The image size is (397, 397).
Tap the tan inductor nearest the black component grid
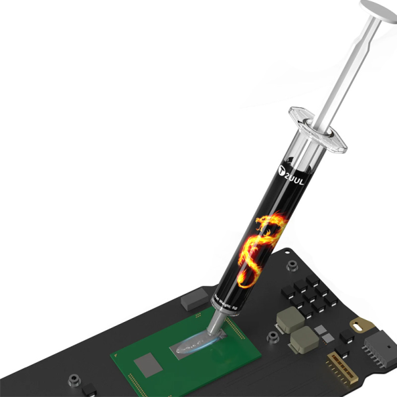[289, 320]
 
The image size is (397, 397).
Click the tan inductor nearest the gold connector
[302, 342]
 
